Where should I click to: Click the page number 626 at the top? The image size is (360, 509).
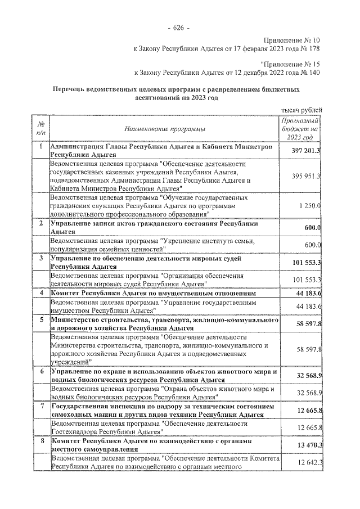179,28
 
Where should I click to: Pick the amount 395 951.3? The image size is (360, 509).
306,176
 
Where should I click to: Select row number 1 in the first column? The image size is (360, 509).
40,147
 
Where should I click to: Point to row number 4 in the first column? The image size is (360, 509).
40,293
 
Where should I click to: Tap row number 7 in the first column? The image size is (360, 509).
40,406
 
